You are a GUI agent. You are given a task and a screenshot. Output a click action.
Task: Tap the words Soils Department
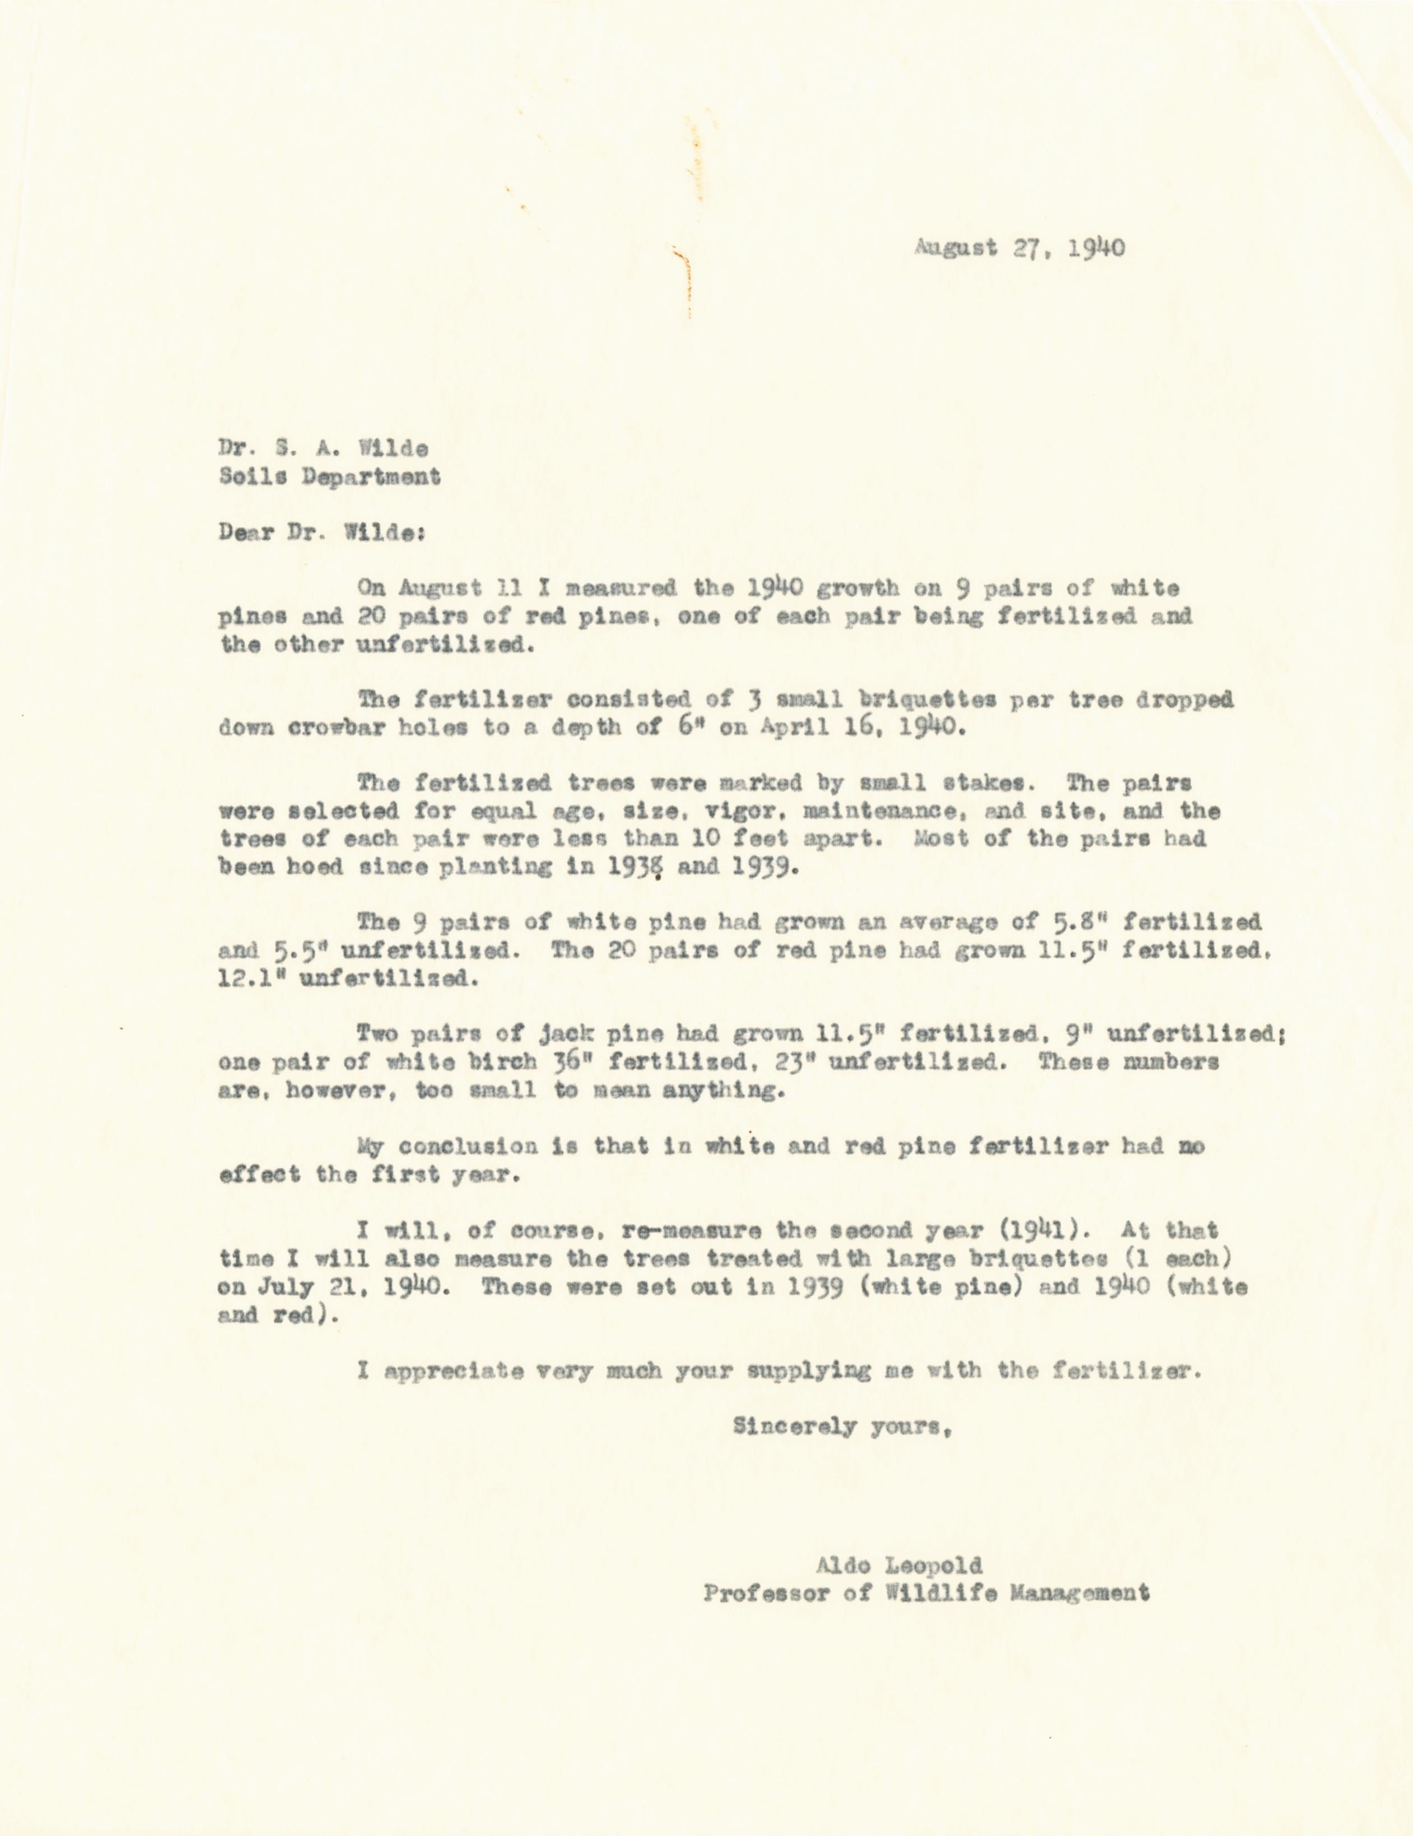tap(329, 477)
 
